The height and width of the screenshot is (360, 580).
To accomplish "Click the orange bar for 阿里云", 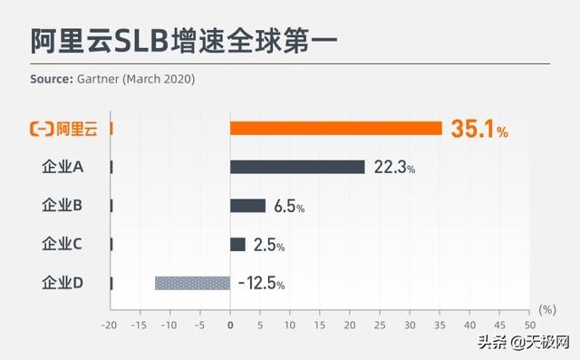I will coord(335,128).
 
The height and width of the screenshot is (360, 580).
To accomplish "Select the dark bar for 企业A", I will coord(297,167).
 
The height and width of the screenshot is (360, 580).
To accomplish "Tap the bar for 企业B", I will coord(248,206).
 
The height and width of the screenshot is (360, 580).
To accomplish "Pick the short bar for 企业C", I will coord(237,244).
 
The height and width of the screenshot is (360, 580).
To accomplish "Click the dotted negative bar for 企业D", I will coord(192,283).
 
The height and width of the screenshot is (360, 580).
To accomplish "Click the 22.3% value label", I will coord(393,168).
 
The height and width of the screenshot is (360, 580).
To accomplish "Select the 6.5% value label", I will coord(289,207).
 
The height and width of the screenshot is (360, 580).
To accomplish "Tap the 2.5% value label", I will coord(269,245).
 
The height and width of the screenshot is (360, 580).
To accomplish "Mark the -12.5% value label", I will coord(261,284).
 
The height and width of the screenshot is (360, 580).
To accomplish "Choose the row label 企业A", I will coord(63,167).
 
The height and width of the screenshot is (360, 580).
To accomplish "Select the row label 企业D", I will coord(63,283).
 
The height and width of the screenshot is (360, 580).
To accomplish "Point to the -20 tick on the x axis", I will coord(111,324).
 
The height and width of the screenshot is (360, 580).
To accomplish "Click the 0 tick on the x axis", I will coord(230,324).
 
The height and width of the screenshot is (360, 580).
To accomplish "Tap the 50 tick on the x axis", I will coord(528,324).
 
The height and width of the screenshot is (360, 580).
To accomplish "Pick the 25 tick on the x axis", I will coord(380,324).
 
